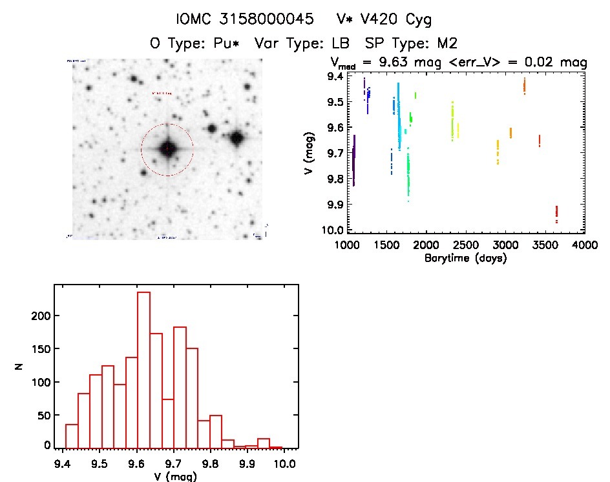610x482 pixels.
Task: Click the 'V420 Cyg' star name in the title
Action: click(396, 19)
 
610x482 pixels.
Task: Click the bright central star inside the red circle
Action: click(167, 149)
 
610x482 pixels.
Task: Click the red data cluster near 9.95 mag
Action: click(556, 212)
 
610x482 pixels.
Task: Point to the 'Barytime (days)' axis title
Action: click(466, 259)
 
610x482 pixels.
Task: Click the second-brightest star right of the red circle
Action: click(211, 128)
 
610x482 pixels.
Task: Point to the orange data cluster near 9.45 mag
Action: click(525, 85)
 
